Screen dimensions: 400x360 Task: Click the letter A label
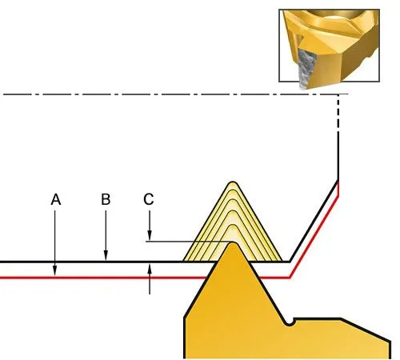tap(56, 199)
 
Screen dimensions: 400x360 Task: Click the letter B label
tap(106, 199)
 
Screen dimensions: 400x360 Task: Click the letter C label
tap(149, 199)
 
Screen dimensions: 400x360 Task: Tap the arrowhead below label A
tap(55, 270)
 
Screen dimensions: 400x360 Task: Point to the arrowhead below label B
tap(106, 255)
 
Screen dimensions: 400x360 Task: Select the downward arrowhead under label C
tap(150, 235)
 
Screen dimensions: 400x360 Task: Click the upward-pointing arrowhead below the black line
tap(150, 269)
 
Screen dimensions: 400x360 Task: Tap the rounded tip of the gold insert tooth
tap(233, 244)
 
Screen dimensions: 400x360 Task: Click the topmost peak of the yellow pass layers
tap(233, 182)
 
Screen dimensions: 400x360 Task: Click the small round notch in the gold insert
tap(289, 323)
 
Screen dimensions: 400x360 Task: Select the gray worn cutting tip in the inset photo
tap(306, 70)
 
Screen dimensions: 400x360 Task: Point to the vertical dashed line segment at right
tap(338, 114)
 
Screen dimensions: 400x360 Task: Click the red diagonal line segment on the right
tap(314, 237)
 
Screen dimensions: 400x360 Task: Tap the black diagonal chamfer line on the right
tap(314, 221)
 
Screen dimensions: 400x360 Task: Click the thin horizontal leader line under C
tap(188, 242)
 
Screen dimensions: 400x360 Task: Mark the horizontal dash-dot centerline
tap(174, 94)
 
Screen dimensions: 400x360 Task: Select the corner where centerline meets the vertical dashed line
tap(338, 94)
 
